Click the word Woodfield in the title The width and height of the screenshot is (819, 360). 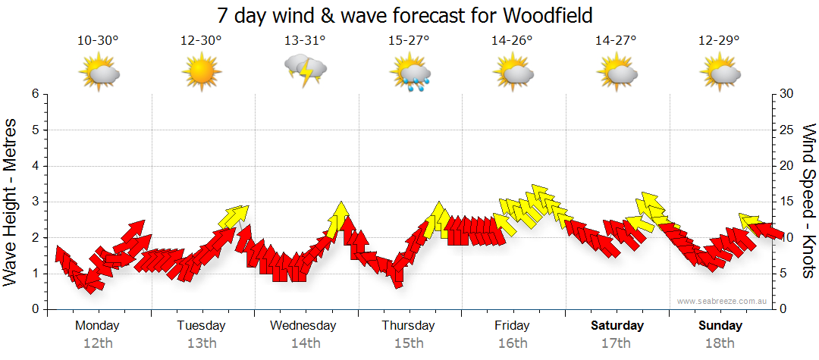tap(548, 14)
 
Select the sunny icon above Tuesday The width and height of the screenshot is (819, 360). tap(201, 74)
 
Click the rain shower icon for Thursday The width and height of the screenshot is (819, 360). tap(409, 74)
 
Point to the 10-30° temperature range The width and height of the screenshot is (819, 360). tap(98, 40)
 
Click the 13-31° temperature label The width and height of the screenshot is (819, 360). tap(305, 40)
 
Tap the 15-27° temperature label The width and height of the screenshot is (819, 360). tap(409, 40)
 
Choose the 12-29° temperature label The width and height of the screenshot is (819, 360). tap(720, 40)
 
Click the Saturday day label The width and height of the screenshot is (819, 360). tap(617, 326)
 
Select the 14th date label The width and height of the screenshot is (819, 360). tap(305, 343)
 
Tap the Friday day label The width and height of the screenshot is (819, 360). tap(512, 326)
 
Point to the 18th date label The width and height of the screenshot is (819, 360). tap(720, 343)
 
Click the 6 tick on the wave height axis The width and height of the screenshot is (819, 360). tap(35, 94)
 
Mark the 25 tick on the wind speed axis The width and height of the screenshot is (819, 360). tap(788, 130)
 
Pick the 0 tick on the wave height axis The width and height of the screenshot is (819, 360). tap(35, 309)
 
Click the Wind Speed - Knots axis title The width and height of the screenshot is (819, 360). tap(808, 201)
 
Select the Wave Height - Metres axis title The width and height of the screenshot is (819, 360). tap(11, 201)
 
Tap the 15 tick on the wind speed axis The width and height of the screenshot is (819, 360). tap(788, 202)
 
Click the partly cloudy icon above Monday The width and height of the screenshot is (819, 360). tap(98, 74)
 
